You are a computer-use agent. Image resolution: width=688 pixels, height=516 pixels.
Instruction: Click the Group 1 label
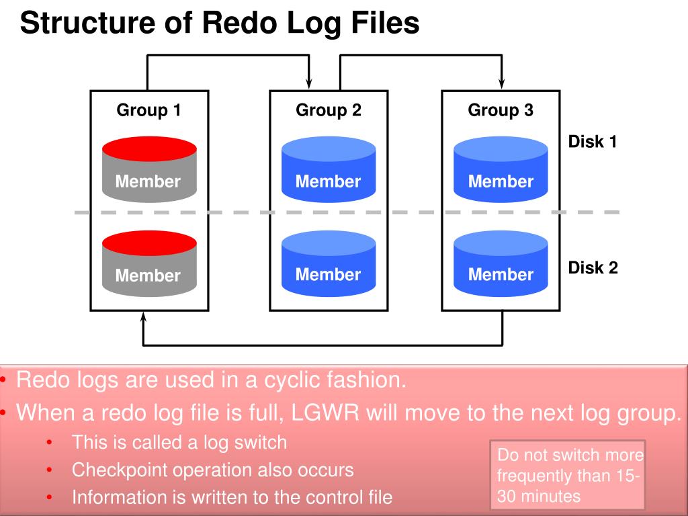click(148, 110)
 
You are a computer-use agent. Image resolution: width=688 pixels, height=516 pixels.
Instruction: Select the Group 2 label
click(329, 110)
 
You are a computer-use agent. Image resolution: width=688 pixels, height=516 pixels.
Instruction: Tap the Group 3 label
click(501, 110)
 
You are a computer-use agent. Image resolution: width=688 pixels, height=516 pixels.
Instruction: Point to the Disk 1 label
click(593, 142)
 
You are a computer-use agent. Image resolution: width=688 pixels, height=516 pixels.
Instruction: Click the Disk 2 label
click(593, 267)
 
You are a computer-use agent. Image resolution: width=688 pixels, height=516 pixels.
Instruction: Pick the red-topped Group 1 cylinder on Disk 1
click(149, 169)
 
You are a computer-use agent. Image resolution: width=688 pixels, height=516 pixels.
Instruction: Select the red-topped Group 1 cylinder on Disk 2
click(149, 263)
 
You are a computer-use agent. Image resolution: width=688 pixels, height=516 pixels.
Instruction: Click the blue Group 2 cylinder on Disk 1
click(329, 169)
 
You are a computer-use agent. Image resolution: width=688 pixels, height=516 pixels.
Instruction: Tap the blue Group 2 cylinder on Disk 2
click(329, 263)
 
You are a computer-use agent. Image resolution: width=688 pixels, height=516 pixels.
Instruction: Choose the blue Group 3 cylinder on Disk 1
click(501, 169)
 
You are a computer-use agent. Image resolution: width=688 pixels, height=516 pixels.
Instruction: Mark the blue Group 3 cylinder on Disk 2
click(501, 263)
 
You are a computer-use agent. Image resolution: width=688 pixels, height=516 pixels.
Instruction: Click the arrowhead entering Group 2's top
click(309, 83)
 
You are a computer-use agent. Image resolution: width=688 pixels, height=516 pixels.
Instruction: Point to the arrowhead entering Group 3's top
click(501, 83)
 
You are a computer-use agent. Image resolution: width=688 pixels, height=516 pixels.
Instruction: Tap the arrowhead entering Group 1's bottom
click(143, 318)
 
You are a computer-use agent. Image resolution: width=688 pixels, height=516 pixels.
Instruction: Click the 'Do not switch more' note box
click(567, 475)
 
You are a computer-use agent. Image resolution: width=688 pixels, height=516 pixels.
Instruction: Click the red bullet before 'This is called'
click(49, 442)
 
